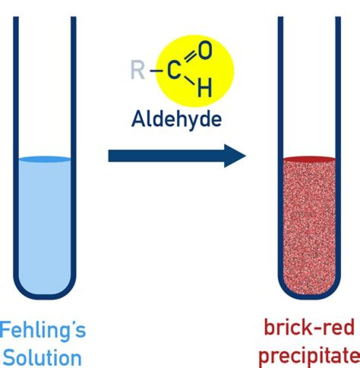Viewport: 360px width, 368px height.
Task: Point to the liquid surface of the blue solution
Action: [44, 160]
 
